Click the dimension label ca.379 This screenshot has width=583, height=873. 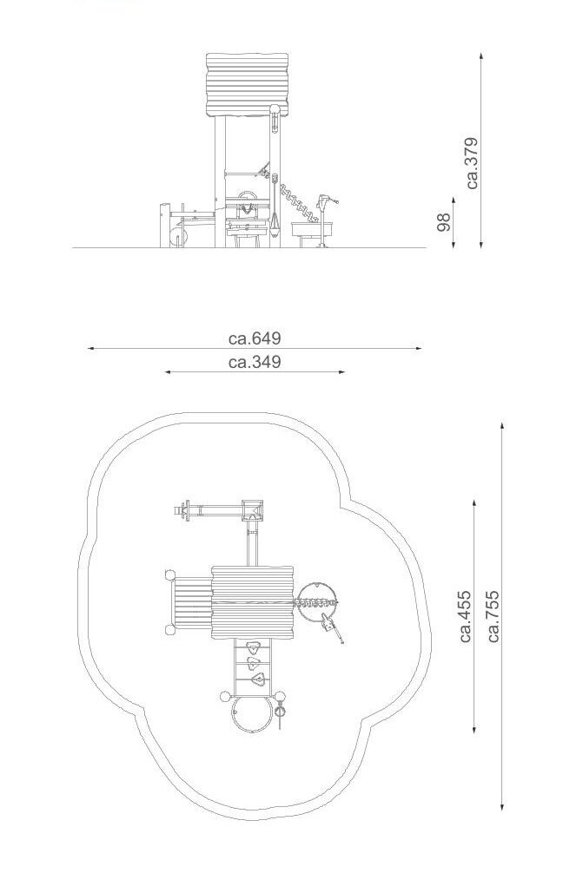tap(472, 163)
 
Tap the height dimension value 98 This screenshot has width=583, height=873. tap(444, 222)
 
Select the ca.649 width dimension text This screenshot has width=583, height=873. tap(255, 338)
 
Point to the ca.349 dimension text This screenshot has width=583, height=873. tap(255, 362)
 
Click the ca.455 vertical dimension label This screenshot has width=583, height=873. tap(466, 616)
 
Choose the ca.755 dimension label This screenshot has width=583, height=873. tap(494, 616)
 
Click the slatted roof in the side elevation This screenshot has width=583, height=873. tap(247, 85)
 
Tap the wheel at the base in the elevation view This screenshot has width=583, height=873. tap(178, 235)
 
